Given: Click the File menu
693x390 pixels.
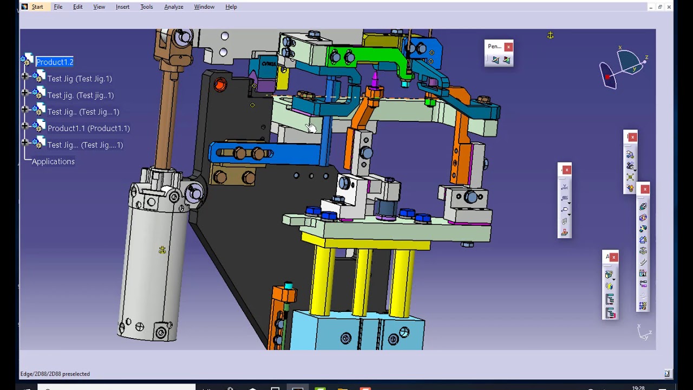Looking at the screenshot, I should (x=58, y=7).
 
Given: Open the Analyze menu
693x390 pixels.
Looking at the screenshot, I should (x=173, y=7).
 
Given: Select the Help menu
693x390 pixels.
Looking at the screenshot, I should (x=231, y=7).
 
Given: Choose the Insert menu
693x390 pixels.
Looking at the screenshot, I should (x=122, y=7).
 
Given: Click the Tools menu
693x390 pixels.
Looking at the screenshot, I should (x=146, y=7).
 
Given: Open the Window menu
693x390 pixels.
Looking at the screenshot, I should (x=204, y=7).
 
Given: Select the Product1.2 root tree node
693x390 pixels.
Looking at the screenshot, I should (x=55, y=62).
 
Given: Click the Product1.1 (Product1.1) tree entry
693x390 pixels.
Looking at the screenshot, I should (x=88, y=128).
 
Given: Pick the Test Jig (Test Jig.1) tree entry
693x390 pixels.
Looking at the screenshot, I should (x=80, y=79).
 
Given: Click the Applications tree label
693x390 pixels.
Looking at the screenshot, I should (x=53, y=161).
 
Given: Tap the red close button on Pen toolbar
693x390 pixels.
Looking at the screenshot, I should (x=508, y=47).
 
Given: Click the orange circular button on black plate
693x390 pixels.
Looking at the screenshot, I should (x=220, y=84).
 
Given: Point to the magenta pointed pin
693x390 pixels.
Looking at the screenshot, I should (x=374, y=79).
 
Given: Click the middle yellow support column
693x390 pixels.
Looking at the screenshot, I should (x=362, y=282).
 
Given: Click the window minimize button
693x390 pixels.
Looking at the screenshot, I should (x=650, y=7).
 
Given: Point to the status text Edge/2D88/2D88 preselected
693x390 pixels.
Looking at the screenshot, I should (x=55, y=374).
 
